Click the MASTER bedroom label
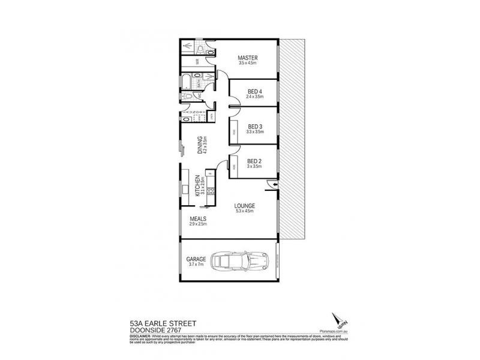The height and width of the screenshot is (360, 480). click(247, 58)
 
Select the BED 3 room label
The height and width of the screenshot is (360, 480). click(255, 126)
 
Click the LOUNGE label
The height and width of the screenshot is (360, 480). click(245, 205)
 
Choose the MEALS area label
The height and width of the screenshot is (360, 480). click(198, 219)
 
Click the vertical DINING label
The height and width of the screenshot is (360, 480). click(200, 145)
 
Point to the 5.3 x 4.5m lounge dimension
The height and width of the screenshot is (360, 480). click(245, 211)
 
